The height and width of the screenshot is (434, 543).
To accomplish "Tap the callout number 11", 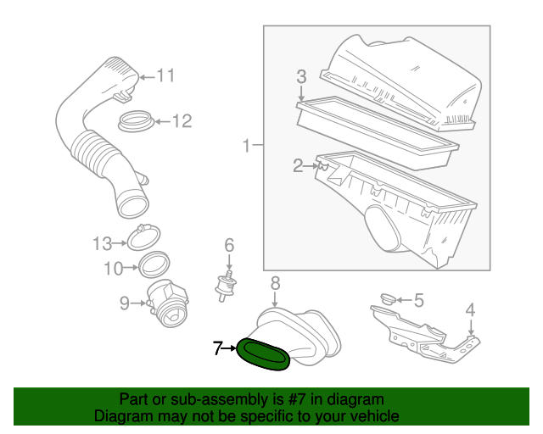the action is point(166,75).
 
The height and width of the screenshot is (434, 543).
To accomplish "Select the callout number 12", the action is point(182,121).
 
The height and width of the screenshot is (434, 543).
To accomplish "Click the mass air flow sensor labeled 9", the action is point(168,304).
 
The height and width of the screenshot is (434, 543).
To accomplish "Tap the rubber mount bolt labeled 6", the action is point(227,287).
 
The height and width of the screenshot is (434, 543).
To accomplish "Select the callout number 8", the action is point(275,283).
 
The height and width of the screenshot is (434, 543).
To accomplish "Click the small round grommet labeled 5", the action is point(389,298).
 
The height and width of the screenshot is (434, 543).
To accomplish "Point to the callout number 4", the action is point(470,309).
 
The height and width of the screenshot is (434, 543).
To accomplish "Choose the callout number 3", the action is point(301,76).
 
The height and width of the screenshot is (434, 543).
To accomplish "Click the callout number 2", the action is point(298,166).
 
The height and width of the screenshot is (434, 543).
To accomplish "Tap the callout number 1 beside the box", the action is point(246,145).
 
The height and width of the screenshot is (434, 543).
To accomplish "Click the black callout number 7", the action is point(217,348).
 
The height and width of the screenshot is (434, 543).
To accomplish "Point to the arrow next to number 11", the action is point(147,77).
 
